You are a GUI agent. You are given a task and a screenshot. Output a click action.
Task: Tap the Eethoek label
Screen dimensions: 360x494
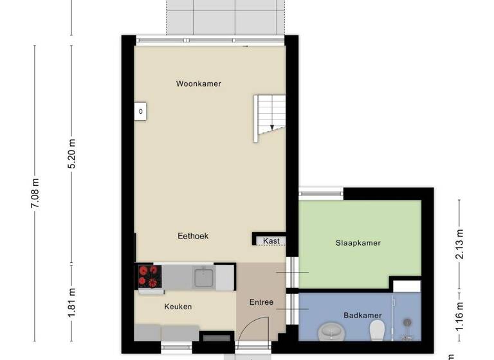tap(193, 236)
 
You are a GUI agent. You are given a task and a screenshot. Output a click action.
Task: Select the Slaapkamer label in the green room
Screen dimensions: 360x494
tap(358, 243)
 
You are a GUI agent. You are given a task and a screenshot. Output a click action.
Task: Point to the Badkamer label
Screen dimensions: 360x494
tap(363, 315)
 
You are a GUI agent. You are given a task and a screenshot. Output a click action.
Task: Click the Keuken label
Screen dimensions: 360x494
tap(178, 307)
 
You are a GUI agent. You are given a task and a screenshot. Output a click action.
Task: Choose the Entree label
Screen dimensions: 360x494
tap(262, 302)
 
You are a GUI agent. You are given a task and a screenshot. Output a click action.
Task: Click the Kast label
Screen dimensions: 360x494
tap(271, 241)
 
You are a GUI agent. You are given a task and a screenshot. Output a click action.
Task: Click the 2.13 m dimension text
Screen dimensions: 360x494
tap(459, 243)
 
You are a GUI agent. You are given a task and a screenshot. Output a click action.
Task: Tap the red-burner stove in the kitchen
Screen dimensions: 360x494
tap(148, 276)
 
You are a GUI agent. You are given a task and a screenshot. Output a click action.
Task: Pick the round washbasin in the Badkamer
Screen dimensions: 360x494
tap(332, 331)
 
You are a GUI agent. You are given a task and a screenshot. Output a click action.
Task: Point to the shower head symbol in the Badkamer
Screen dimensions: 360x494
tap(407, 322)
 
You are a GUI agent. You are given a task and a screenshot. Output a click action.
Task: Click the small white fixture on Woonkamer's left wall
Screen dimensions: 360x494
tap(141, 111)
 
